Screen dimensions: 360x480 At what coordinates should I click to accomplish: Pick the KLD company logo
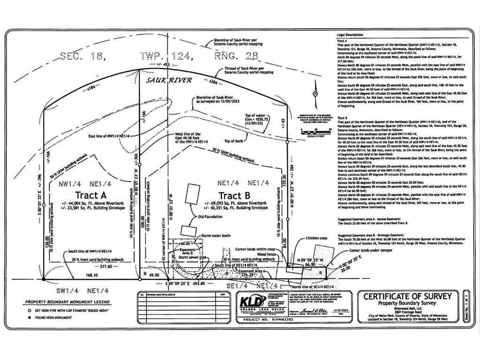tap(253, 300)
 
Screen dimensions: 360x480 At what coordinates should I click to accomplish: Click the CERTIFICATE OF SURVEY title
tap(407, 296)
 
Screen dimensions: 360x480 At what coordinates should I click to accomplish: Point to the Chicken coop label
tap(317, 238)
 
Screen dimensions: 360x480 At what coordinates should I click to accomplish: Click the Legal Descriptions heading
tap(350, 35)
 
